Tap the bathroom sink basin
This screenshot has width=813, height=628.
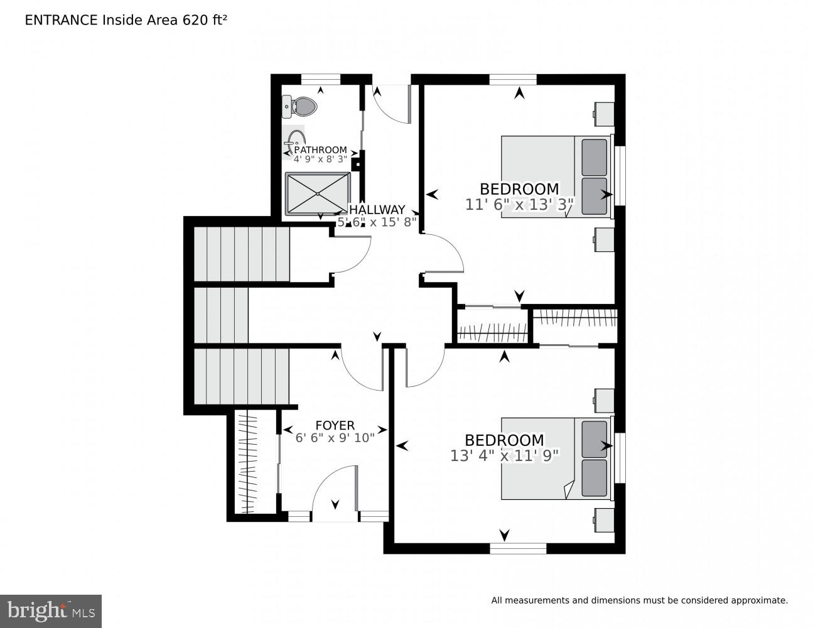click(296, 139)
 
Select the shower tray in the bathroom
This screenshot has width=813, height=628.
click(318, 194)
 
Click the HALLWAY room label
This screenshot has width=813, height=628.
click(377, 210)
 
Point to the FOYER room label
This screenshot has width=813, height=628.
click(335, 425)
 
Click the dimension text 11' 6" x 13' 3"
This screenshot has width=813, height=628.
click(519, 204)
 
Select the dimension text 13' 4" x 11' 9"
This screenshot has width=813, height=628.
click(504, 455)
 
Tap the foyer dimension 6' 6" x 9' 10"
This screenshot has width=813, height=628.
click(335, 437)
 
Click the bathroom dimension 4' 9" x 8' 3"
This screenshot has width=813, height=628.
click(320, 160)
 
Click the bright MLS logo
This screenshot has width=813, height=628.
click(50, 610)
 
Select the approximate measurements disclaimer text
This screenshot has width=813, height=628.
click(639, 600)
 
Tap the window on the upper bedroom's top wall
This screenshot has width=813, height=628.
click(513, 79)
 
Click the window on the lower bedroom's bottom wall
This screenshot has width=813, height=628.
click(518, 548)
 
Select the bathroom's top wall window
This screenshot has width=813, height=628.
click(320, 79)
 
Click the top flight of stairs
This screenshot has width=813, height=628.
click(241, 254)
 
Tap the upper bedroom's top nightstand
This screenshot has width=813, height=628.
click(604, 114)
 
